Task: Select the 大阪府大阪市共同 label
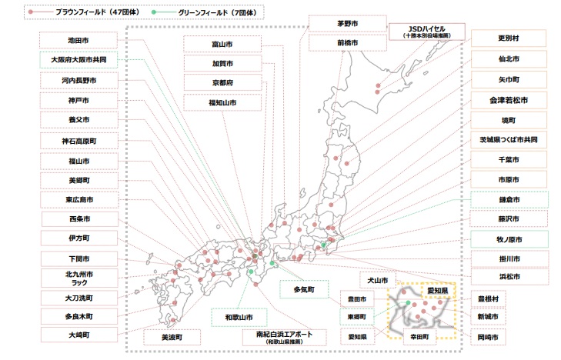pyautogui.click(x=78, y=58)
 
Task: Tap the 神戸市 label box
pyautogui.click(x=78, y=100)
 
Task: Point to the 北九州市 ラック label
pyautogui.click(x=78, y=278)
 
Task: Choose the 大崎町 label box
pyautogui.click(x=78, y=335)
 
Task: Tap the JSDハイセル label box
pyautogui.click(x=427, y=32)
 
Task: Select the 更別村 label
pyautogui.click(x=509, y=38)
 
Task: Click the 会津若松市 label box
pyautogui.click(x=509, y=100)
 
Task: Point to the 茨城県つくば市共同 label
pyautogui.click(x=509, y=141)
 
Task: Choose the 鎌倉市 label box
pyautogui.click(x=509, y=199)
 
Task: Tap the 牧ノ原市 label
pyautogui.click(x=509, y=239)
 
